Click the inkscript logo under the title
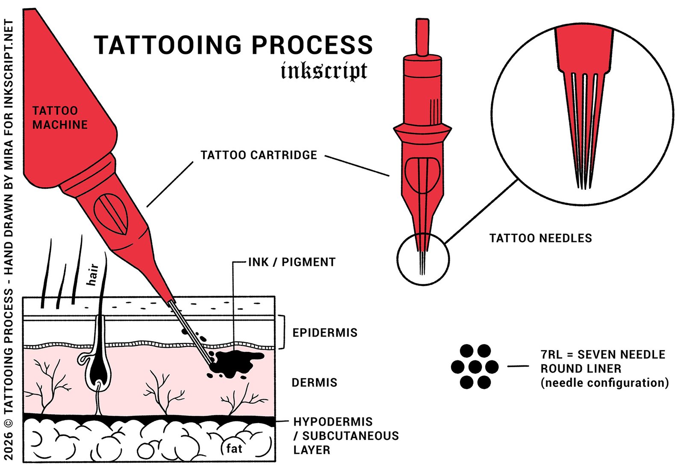pos(324,71)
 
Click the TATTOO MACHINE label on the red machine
pos(60,118)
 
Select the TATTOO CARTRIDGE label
pos(259,155)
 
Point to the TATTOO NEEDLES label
pos(540,238)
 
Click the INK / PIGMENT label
pos(292,262)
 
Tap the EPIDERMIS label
pos(325,333)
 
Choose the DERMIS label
pos(314,383)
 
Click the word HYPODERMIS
pos(333,421)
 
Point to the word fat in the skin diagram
pos(234,448)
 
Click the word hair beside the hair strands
pos(93,275)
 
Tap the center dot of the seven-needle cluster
pos(475,367)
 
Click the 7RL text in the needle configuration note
pos(551,355)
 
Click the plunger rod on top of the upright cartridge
pos(423,37)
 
